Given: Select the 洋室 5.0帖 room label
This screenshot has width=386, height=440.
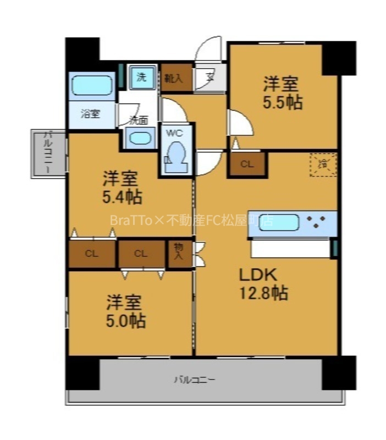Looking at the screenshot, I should click(125, 311).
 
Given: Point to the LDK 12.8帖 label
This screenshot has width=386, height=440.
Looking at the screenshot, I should click(262, 284).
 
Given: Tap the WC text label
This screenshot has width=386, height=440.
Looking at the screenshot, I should click(174, 133).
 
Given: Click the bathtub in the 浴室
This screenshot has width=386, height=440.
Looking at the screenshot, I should click(91, 85).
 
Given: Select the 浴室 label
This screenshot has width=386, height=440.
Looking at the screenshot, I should click(90, 114).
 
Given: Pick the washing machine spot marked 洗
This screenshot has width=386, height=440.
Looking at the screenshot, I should click(141, 77).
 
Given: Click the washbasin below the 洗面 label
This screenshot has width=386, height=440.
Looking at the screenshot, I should click(141, 137).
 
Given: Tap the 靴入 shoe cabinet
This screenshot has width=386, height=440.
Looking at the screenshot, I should click(176, 78).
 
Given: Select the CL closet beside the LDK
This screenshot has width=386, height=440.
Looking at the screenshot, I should click(247, 163).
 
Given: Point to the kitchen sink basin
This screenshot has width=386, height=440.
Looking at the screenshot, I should click(278, 223).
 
